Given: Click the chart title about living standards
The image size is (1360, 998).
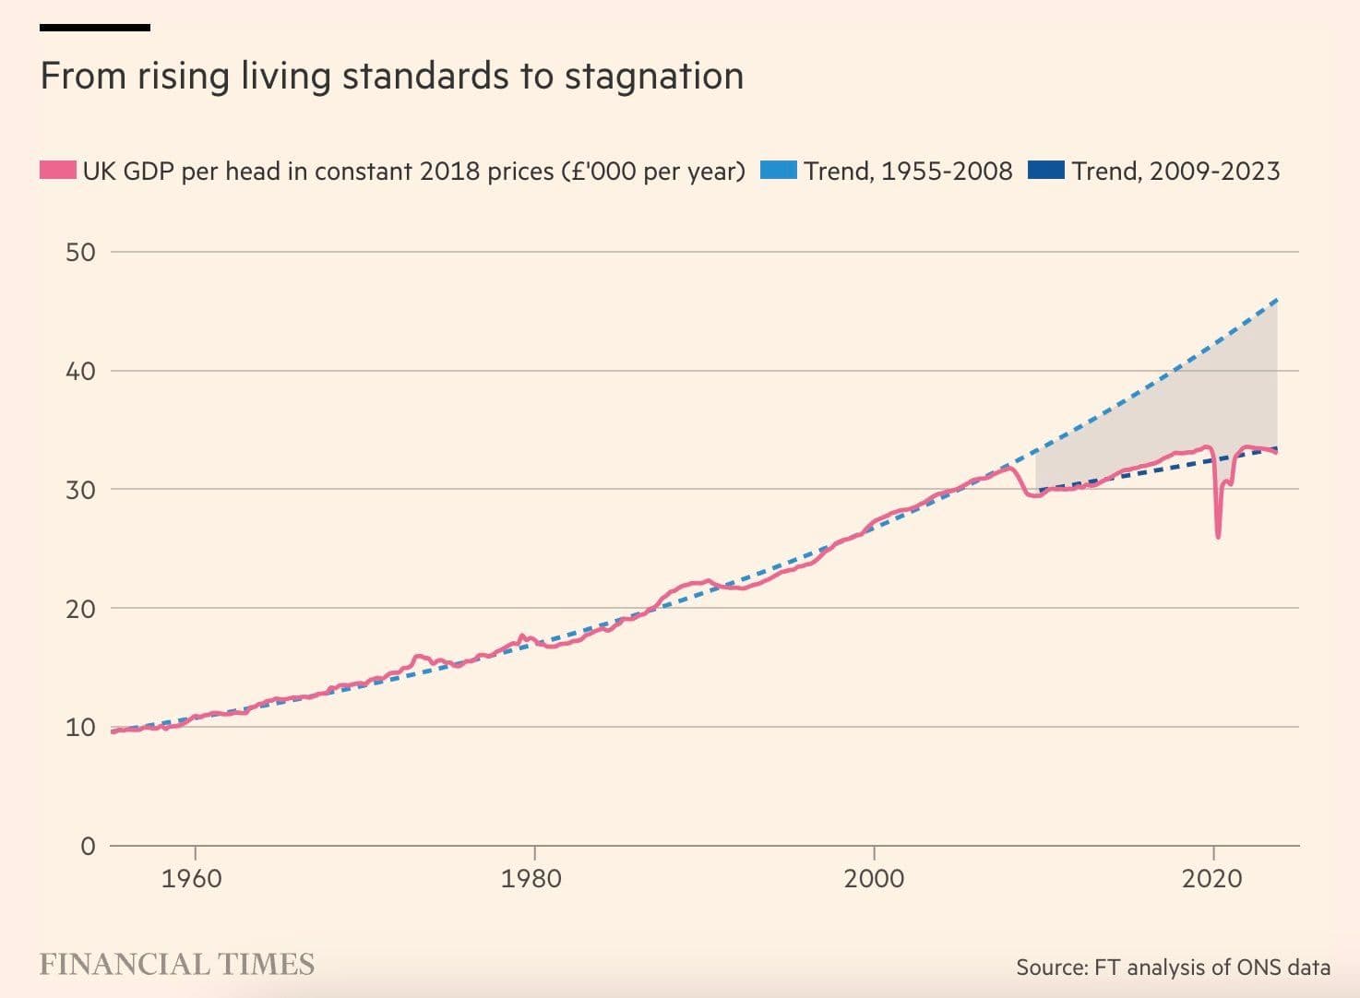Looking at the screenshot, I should click(391, 77).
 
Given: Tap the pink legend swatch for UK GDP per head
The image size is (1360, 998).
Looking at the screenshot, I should click(57, 171).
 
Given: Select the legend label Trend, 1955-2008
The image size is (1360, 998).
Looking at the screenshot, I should click(908, 172).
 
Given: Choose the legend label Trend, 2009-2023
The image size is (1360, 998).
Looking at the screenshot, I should click(1175, 172).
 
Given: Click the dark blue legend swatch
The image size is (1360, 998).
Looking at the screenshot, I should click(1045, 171).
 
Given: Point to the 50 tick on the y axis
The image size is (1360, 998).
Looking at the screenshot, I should click(80, 253).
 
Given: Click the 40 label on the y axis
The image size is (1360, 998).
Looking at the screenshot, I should click(80, 372).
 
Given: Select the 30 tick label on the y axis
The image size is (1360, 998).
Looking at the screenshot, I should click(80, 490).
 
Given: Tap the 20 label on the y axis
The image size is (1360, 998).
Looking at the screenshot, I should click(80, 609).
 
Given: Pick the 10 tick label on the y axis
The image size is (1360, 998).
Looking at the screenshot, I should click(80, 728).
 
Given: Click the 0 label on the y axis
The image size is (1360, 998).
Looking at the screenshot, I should click(88, 846).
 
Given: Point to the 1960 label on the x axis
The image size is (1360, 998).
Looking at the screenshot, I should click(192, 878).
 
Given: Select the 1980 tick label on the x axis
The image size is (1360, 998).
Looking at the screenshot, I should click(531, 878).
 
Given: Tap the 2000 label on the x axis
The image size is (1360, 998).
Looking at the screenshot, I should click(873, 878).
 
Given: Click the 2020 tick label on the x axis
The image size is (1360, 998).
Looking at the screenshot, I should click(1212, 878).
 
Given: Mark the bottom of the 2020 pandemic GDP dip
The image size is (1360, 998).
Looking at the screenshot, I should click(1218, 537).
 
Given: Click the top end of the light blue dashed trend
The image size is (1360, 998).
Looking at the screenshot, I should click(1277, 300).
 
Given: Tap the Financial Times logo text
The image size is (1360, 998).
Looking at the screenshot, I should click(177, 965).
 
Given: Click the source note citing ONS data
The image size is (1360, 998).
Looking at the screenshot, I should click(1173, 967).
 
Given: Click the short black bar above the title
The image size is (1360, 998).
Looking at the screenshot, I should click(95, 28).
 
